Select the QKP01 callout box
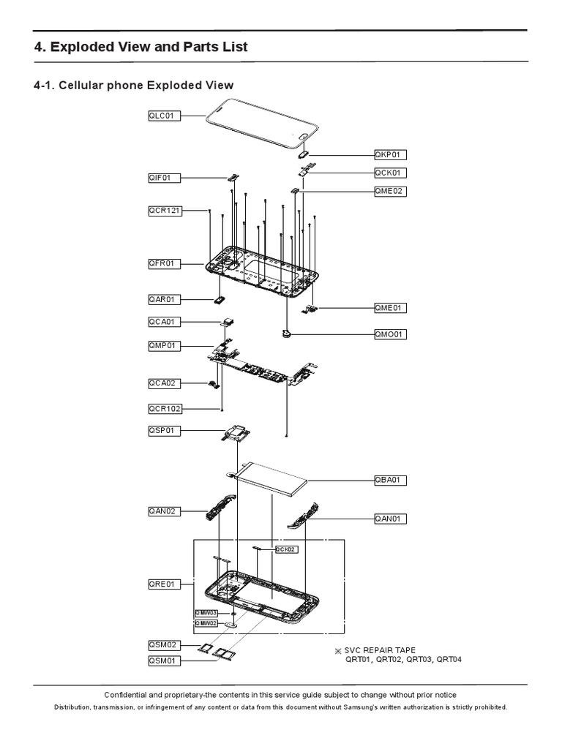coord(390,154)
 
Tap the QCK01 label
coord(390,173)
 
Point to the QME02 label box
coord(390,191)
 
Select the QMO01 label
coord(390,334)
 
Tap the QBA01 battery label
coord(390,481)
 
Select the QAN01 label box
coord(390,519)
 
